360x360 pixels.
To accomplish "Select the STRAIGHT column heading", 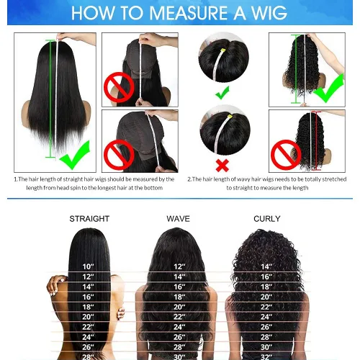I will click(x=89, y=218).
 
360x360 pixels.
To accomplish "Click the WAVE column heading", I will click(x=178, y=218).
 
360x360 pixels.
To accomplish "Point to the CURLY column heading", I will click(x=267, y=218).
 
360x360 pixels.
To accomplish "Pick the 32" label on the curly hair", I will click(x=266, y=356).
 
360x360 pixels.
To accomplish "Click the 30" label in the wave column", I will click(x=178, y=356).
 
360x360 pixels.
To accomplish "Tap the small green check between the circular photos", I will click(x=222, y=91).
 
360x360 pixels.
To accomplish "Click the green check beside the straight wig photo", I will click(x=75, y=153).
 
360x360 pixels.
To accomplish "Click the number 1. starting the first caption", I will click(x=17, y=179).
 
